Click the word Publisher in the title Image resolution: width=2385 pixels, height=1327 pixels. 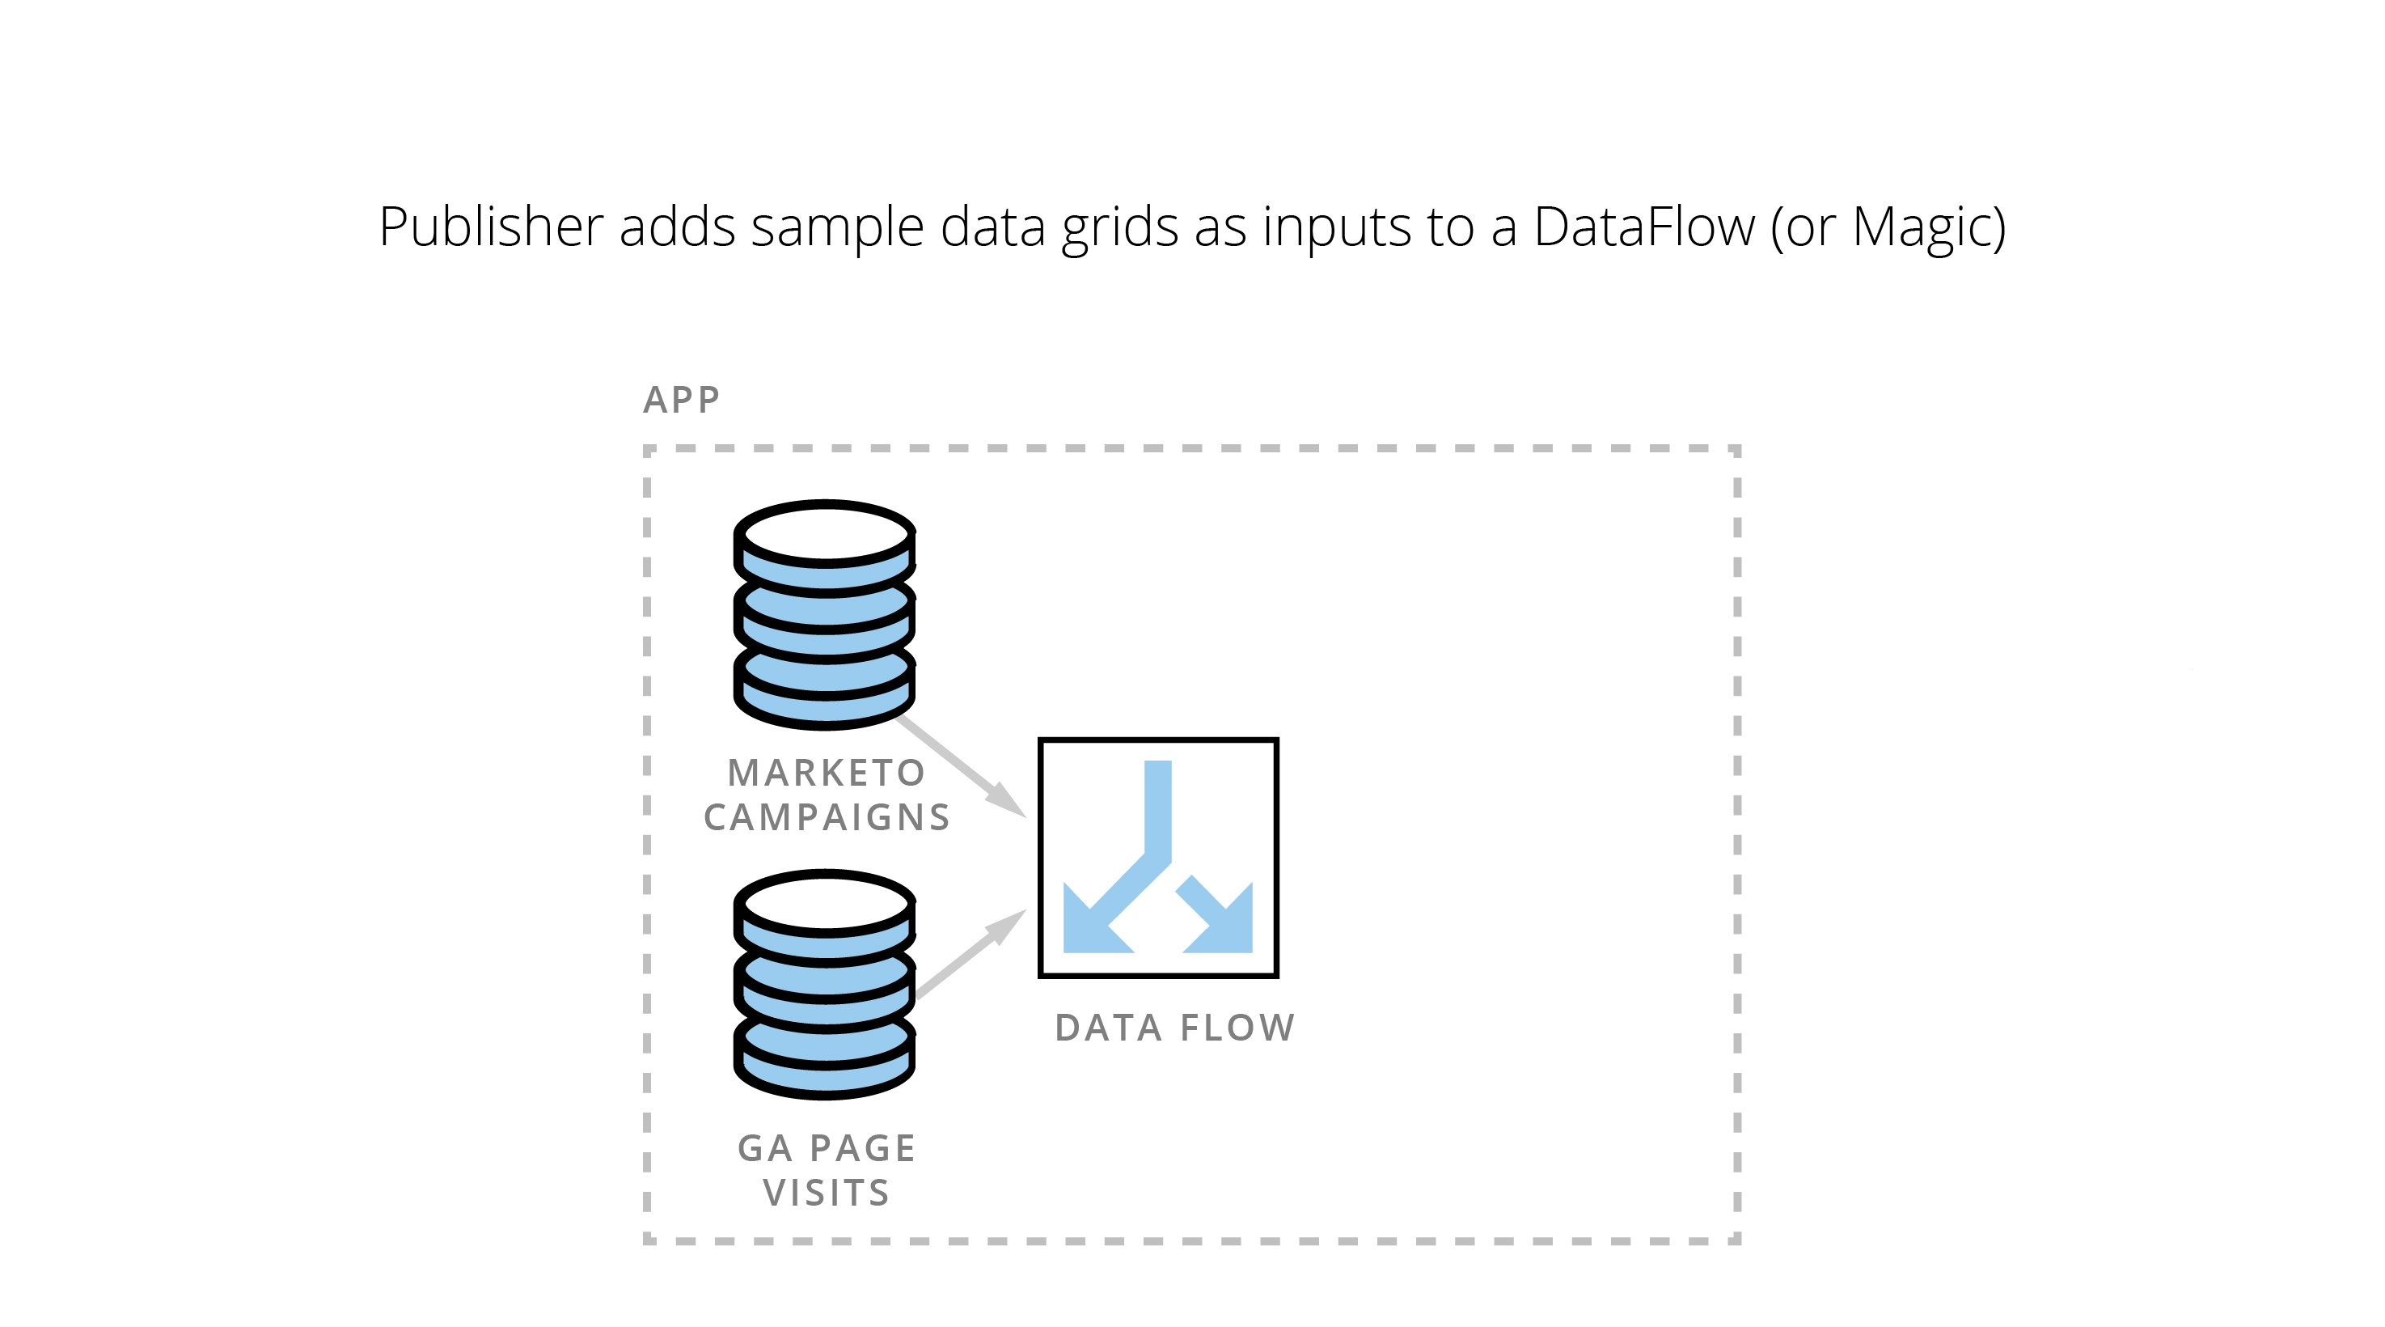coord(491,227)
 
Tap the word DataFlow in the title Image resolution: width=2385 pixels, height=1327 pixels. coord(1643,227)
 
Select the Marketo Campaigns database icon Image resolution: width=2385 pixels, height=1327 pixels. coord(825,615)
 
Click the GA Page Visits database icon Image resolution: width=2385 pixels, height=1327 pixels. coord(825,985)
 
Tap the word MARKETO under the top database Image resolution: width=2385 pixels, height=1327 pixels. coord(826,772)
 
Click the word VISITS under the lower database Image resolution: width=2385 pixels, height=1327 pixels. coord(826,1193)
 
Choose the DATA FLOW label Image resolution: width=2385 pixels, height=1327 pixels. coord(1175,1028)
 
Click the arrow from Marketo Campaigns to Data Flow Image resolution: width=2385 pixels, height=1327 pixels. coord(962,767)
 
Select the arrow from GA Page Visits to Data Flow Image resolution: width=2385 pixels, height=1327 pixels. coord(971,954)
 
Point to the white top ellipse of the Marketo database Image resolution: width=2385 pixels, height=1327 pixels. coord(825,534)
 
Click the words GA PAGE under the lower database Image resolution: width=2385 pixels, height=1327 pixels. coord(826,1148)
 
